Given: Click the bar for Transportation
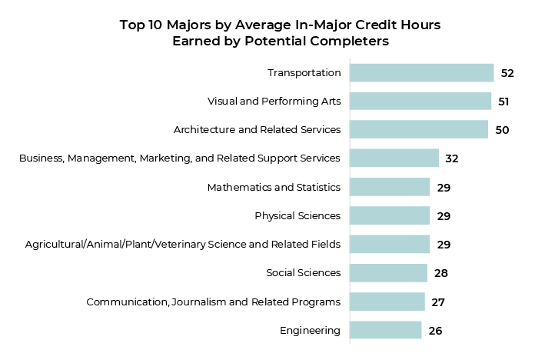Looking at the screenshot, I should click(x=421, y=73).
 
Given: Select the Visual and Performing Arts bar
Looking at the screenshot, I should click(x=420, y=102).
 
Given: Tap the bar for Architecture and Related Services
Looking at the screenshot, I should click(x=418, y=130).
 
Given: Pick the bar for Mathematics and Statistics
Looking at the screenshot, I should click(x=390, y=187).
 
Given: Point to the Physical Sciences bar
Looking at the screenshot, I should click(x=390, y=215).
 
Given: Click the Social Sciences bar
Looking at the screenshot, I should click(x=388, y=273).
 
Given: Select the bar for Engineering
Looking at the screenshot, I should click(x=385, y=331).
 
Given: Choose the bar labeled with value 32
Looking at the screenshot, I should click(x=394, y=158).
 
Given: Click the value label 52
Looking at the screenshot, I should click(x=507, y=73).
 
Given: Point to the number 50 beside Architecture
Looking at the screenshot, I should click(x=502, y=130).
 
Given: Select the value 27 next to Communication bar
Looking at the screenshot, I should click(x=438, y=302).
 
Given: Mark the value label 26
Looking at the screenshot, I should click(x=435, y=331).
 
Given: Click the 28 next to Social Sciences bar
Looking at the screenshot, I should click(x=440, y=273).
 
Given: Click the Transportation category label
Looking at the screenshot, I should click(x=304, y=73).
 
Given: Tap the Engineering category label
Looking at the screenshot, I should click(x=310, y=331).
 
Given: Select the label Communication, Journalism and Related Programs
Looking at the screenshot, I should click(x=213, y=302).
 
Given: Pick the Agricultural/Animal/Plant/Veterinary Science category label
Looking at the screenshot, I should click(x=182, y=245).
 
